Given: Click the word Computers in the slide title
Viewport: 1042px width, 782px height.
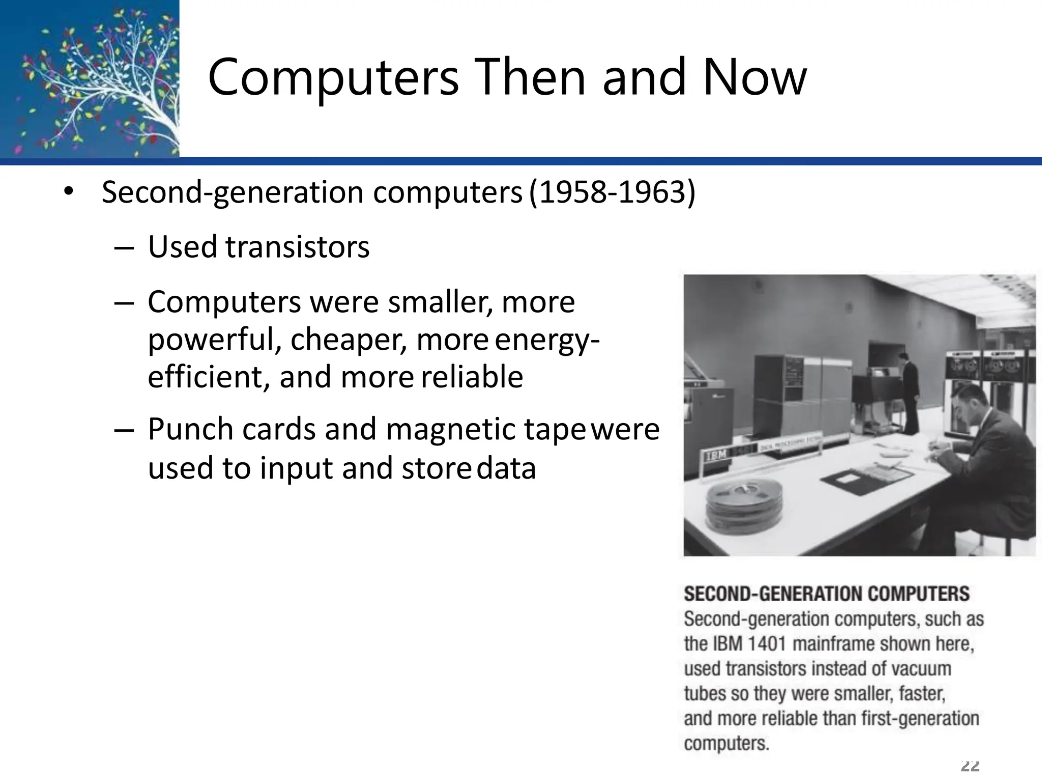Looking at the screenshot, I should pyautogui.click(x=333, y=78).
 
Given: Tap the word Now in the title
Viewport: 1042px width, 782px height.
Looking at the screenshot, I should pyautogui.click(x=755, y=78).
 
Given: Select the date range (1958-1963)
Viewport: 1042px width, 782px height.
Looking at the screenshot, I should pyautogui.click(x=612, y=192).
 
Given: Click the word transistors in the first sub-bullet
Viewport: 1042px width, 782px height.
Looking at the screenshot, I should pyautogui.click(x=297, y=247).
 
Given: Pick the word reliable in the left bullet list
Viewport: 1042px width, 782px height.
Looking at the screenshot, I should pyautogui.click(x=472, y=377).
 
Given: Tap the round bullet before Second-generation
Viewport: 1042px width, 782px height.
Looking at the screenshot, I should pyautogui.click(x=69, y=192).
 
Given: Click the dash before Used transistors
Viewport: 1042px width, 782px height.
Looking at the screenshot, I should pyautogui.click(x=124, y=248).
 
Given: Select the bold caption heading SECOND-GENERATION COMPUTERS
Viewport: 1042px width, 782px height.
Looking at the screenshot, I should pyautogui.click(x=826, y=594).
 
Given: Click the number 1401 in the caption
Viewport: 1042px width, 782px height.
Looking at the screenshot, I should pyautogui.click(x=767, y=644).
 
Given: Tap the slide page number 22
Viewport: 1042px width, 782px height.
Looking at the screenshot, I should pyautogui.click(x=970, y=766).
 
